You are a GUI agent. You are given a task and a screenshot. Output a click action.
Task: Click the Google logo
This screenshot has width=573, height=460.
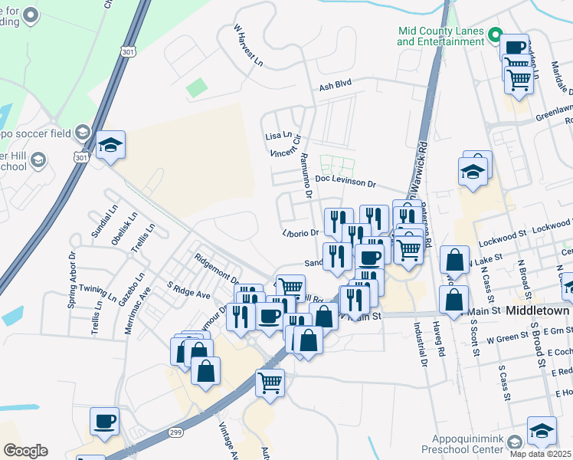point(25,451)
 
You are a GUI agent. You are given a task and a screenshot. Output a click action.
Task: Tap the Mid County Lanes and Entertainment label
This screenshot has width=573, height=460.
point(441,36)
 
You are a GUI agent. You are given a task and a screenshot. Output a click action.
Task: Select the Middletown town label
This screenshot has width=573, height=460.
point(537,311)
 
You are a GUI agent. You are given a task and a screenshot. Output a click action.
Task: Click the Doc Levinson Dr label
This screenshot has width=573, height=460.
point(345,184)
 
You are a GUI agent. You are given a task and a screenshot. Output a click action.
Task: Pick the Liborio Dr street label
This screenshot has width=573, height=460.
point(300,232)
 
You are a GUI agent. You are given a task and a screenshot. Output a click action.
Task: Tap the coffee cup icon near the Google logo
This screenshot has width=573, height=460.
point(104,421)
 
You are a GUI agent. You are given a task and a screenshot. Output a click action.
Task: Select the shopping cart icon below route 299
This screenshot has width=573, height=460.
point(270,383)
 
